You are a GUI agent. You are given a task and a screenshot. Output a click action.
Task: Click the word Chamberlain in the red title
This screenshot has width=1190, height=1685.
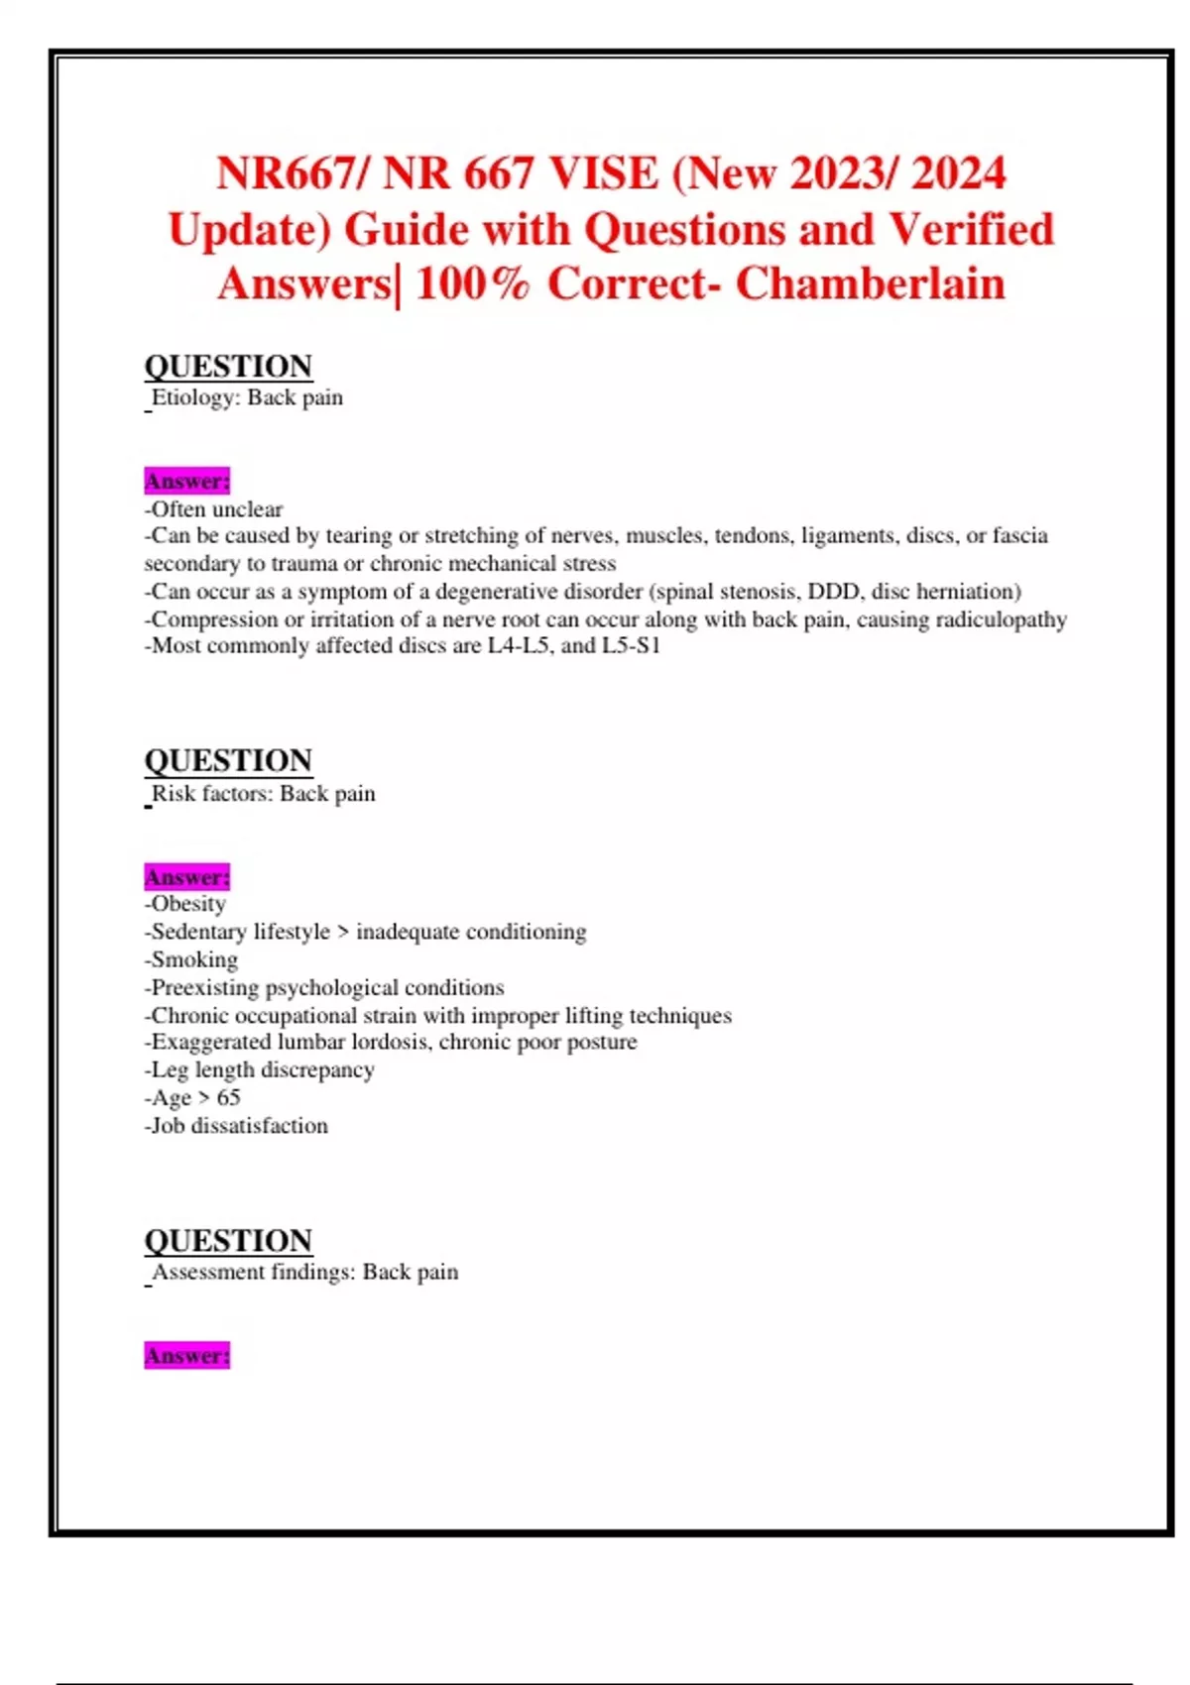870,283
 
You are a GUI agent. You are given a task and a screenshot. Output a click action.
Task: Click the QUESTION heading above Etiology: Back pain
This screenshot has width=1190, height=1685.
228,366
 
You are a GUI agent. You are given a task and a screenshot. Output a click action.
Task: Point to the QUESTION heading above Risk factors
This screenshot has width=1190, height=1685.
228,760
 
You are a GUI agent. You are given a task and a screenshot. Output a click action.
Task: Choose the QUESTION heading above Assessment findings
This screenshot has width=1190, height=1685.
228,1240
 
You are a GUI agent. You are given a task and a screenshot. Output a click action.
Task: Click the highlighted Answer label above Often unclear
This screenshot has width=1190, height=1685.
186,481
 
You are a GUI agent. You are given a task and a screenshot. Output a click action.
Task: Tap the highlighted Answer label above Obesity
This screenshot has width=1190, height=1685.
186,877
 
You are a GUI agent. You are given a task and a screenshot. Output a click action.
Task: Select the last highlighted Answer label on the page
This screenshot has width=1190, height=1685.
186,1355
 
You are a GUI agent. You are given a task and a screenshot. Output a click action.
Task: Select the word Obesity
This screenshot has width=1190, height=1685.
188,904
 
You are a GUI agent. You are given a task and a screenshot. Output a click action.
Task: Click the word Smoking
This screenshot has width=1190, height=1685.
194,959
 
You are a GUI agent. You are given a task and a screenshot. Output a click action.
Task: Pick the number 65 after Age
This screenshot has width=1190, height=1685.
228,1097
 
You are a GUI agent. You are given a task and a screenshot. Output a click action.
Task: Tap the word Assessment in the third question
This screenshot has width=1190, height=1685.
205,1272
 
